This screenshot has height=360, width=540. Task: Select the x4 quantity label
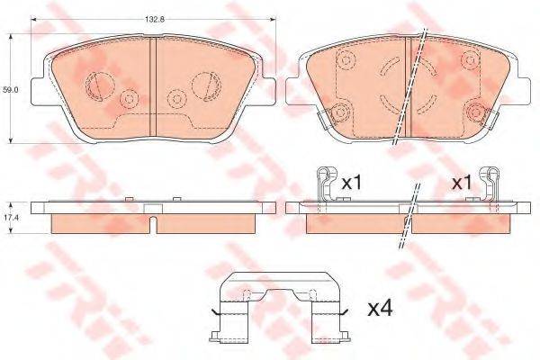[x=381, y=309]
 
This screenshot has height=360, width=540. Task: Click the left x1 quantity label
[x=351, y=183]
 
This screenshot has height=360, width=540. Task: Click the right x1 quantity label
[x=462, y=183]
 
